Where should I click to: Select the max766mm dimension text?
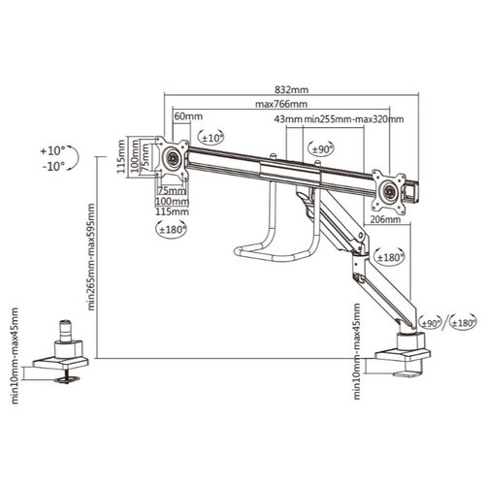(x=281, y=104)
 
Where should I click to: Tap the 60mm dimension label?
(x=182, y=116)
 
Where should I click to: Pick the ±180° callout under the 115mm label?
(x=172, y=229)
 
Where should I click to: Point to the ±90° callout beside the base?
(x=429, y=323)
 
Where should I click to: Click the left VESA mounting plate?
(x=176, y=156)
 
